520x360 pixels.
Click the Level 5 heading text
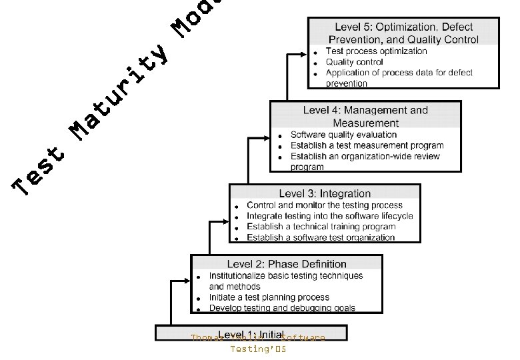[403, 33]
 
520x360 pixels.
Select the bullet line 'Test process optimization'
[376, 51]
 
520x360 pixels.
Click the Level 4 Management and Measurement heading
[365, 116]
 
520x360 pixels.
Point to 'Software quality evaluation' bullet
[343, 135]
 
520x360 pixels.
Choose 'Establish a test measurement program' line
[367, 145]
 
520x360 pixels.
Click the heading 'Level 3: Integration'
[325, 193]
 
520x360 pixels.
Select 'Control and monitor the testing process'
[325, 205]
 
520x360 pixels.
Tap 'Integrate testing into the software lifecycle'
[329, 216]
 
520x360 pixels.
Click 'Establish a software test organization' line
[321, 237]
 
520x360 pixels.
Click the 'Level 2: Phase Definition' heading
[287, 264]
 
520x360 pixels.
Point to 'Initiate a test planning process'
[269, 297]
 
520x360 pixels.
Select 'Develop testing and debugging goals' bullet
[282, 308]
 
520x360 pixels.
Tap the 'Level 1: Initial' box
[251, 333]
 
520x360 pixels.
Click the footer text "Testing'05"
[258, 349]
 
